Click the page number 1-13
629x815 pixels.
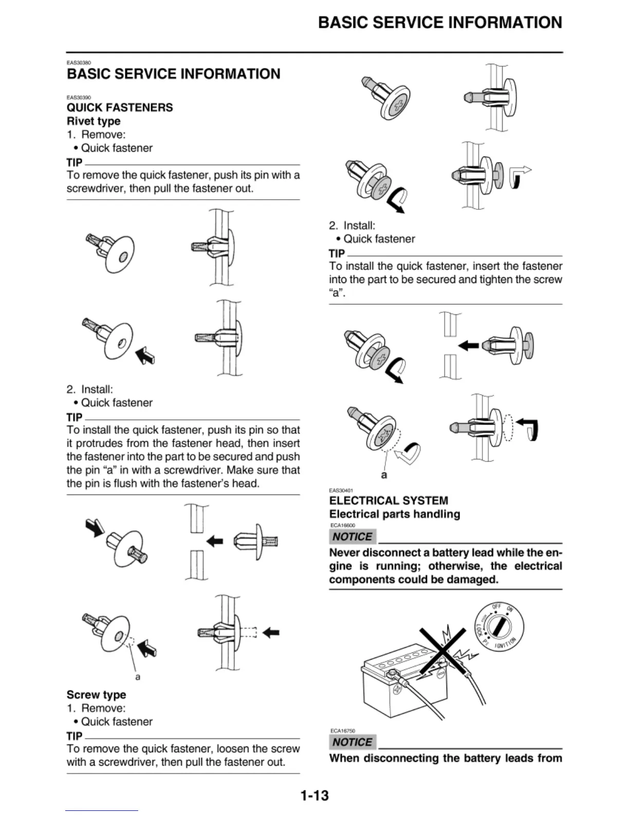(x=314, y=796)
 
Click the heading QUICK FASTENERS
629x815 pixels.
(x=120, y=108)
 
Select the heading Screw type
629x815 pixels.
(x=96, y=695)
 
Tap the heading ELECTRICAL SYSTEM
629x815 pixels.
(x=388, y=501)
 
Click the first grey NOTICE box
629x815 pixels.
(x=352, y=537)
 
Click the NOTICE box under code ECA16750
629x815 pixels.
(x=352, y=742)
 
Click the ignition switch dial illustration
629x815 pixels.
(x=498, y=628)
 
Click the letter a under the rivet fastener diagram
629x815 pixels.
(x=138, y=677)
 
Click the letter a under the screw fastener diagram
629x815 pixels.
(x=384, y=475)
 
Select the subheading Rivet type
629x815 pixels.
(x=94, y=121)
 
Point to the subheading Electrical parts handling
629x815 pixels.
(x=395, y=514)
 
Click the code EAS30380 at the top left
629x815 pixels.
(x=79, y=63)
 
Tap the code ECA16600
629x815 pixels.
(x=342, y=525)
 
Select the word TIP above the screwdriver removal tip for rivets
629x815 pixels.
(x=75, y=163)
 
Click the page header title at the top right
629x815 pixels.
(x=440, y=23)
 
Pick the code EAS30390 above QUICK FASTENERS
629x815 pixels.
(x=79, y=97)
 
